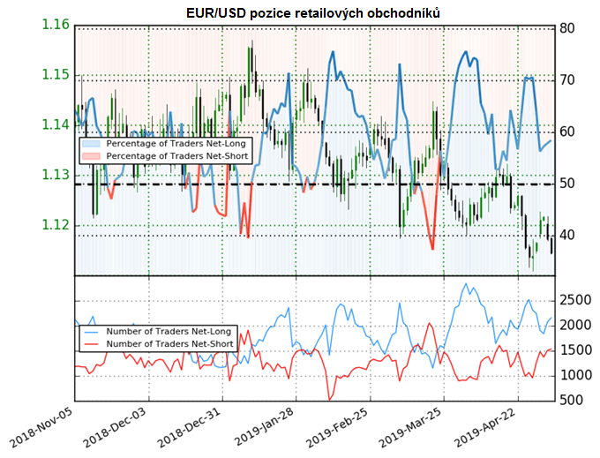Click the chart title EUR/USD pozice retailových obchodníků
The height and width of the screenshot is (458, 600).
point(314,13)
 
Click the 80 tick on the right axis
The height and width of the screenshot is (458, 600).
point(569,28)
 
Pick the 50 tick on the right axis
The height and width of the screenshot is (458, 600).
point(569,184)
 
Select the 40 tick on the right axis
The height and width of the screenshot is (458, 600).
point(569,236)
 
